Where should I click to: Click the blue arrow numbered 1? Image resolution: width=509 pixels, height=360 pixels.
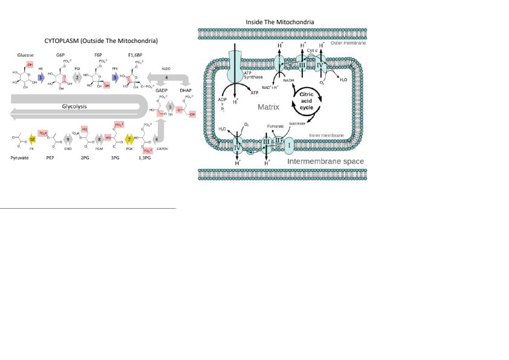(x=41, y=78)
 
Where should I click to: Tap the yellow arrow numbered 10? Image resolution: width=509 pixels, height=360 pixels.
(x=33, y=139)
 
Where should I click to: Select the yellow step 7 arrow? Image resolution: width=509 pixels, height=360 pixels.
(x=129, y=139)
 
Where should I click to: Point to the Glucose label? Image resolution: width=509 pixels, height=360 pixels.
(x=19, y=55)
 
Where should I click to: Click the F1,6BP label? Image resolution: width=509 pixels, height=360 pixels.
(x=135, y=55)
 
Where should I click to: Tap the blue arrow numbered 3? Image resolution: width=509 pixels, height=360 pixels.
(x=115, y=78)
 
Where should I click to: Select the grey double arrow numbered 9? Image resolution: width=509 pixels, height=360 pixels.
(x=68, y=139)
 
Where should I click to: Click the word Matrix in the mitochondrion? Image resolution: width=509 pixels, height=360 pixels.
(x=268, y=106)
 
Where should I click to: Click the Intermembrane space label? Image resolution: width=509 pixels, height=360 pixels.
(x=325, y=162)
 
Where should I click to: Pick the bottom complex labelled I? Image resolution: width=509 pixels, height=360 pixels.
(x=289, y=145)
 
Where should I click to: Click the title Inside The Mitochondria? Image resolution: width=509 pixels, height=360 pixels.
(x=279, y=22)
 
